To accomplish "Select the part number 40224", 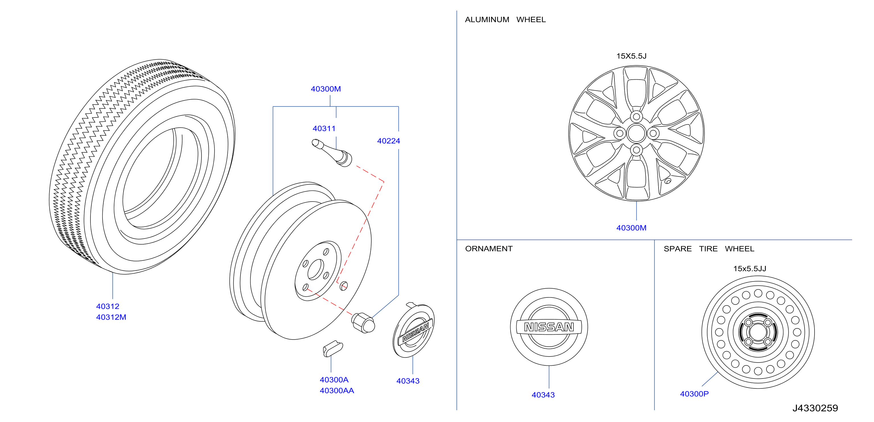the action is point(388,141).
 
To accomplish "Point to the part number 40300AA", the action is point(337,390).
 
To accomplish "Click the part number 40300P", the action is point(694,394).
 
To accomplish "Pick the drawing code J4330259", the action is point(815,408).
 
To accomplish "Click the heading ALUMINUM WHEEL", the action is point(505,20).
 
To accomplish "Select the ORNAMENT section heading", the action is point(489,249).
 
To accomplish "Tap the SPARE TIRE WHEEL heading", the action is point(709,249).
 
